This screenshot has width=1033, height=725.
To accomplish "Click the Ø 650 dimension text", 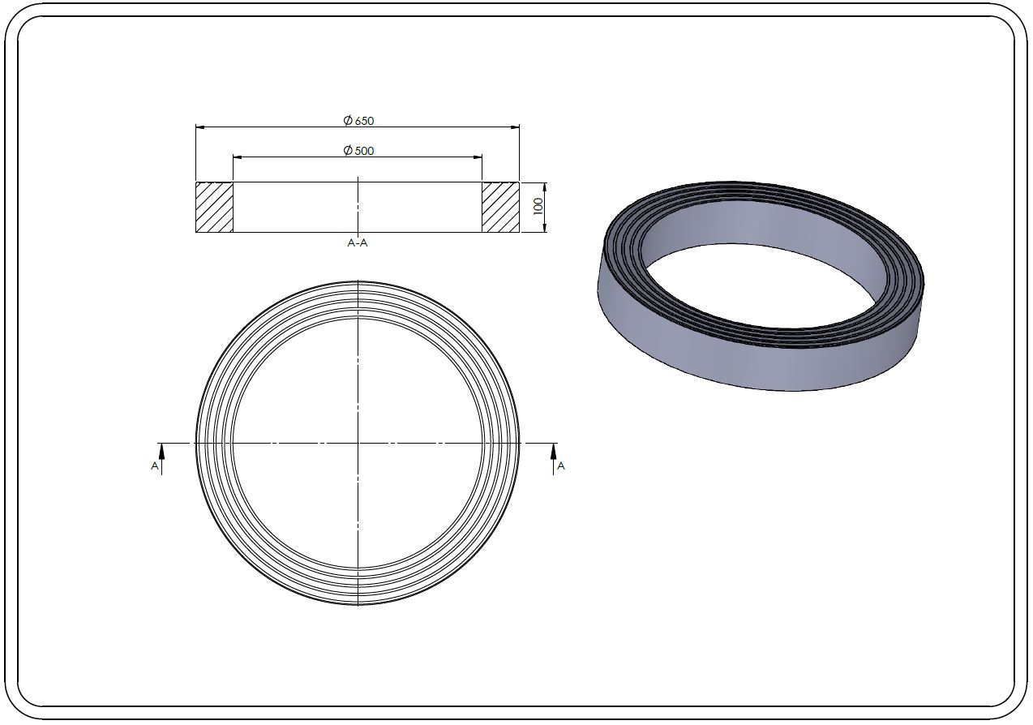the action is click(358, 121).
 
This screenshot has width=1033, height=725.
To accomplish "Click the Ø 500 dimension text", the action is click(358, 151).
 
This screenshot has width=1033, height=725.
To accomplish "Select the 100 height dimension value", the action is click(538, 206).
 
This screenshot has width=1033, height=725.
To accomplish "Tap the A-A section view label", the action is click(358, 243).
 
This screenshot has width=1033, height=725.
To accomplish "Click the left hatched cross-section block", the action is click(214, 207).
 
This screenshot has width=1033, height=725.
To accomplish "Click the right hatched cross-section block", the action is click(501, 207).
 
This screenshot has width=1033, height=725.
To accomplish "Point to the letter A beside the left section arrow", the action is click(155, 466).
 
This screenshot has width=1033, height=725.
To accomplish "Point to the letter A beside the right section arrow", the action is click(561, 466).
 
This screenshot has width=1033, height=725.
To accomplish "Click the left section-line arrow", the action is click(161, 459).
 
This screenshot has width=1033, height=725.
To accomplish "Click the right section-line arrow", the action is click(553, 459).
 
